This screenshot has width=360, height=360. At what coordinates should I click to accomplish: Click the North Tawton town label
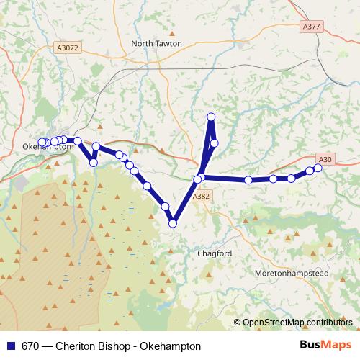[x=157, y=43]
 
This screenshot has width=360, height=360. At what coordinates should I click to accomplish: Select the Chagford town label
[x=214, y=253]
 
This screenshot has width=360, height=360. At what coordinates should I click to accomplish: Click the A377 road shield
[x=312, y=27]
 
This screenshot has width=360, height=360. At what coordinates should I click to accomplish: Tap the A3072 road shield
[x=67, y=48]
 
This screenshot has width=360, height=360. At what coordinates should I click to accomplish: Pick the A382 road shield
[x=202, y=195]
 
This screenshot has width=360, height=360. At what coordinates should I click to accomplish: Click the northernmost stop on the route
[x=212, y=117]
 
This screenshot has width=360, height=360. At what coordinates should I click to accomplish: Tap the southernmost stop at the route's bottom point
[x=173, y=224]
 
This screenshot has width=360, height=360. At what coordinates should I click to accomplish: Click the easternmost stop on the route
[x=318, y=168]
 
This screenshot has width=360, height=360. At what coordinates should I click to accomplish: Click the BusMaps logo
[x=322, y=346]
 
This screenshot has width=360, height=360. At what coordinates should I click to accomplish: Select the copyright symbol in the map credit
[x=238, y=323]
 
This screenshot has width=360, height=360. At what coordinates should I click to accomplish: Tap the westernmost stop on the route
[x=41, y=143]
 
